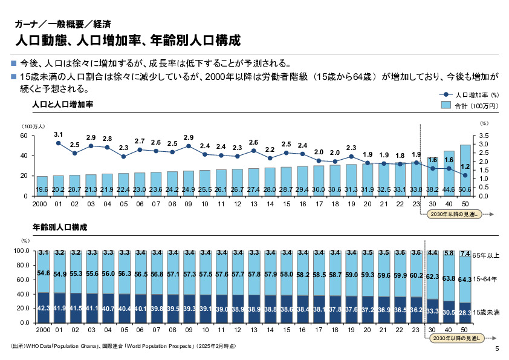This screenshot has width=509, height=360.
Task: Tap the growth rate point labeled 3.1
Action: (59, 143)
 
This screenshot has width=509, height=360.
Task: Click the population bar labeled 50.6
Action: (465, 170)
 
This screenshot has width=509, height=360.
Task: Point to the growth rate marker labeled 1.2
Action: (465, 175)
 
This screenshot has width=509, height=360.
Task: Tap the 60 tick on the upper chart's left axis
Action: (24, 136)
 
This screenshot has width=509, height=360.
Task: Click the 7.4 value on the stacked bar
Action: (465, 254)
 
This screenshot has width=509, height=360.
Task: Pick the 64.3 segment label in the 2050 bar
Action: (465, 280)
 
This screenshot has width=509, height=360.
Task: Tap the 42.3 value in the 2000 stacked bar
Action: (42, 308)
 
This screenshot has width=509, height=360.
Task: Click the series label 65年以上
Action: (486, 255)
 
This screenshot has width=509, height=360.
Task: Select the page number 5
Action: (497, 349)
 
